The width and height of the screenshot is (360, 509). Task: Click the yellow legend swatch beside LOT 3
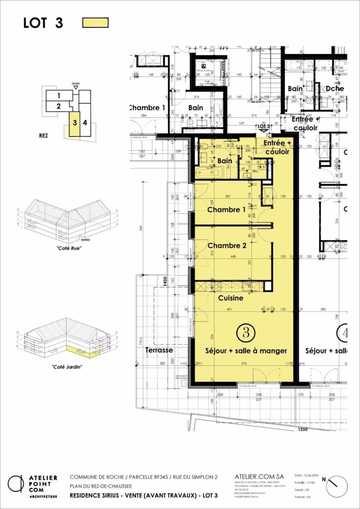(x=95, y=23)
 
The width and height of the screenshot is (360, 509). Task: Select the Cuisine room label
(x=231, y=298)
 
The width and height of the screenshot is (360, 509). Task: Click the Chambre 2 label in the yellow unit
(x=227, y=246)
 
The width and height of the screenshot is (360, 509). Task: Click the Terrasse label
(x=159, y=350)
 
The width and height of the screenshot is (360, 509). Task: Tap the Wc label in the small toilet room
(x=255, y=171)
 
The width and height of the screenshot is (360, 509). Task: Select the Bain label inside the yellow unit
(x=225, y=161)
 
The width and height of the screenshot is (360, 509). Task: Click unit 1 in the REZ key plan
(x=59, y=96)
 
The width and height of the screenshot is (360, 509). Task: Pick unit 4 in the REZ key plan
(x=85, y=123)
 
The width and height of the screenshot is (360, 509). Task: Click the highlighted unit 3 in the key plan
(x=75, y=123)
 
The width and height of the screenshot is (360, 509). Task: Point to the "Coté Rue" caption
(x=69, y=248)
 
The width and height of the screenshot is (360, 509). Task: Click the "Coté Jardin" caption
(x=67, y=367)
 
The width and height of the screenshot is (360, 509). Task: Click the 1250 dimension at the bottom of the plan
(x=303, y=429)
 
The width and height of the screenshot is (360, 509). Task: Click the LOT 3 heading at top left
(x=43, y=23)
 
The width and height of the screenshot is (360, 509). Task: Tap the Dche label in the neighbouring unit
(x=335, y=89)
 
